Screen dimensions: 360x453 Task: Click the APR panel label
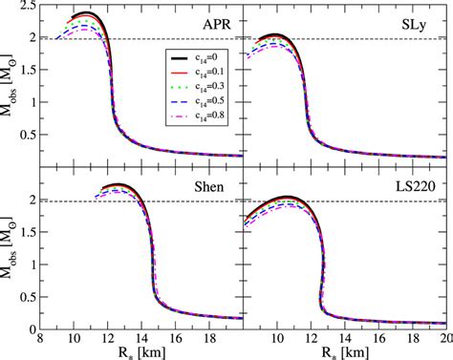tap(213, 21)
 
